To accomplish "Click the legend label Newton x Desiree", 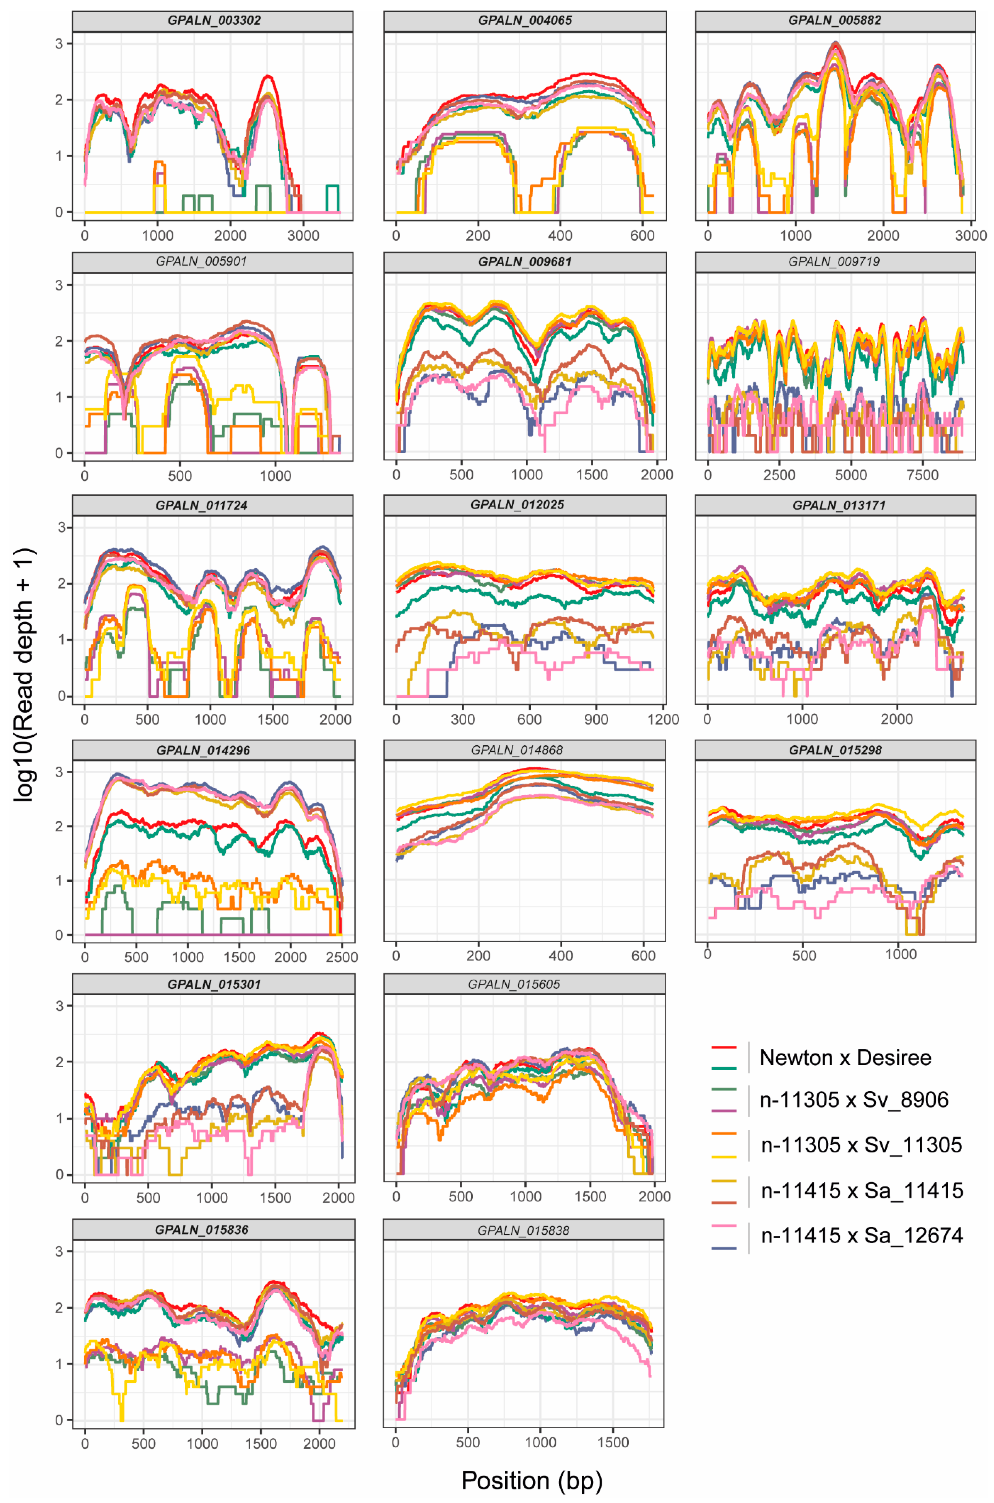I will pos(845,1057).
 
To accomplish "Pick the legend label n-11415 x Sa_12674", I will pos(862,1235).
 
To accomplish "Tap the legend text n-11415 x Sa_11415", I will pos(862,1190).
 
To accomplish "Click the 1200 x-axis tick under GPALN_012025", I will pos(663,720).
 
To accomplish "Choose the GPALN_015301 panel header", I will pos(214,985).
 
